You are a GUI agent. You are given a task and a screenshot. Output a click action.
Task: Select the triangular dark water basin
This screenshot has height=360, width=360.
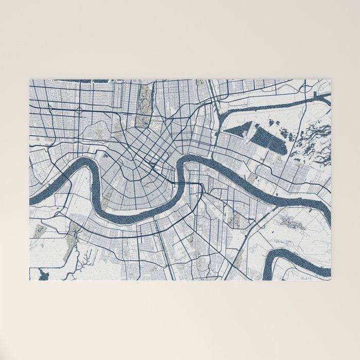click(237, 129)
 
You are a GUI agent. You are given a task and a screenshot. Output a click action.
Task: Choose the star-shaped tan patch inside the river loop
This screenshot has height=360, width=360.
click(291, 223)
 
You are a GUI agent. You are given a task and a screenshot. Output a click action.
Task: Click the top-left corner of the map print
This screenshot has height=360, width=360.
click(30, 80)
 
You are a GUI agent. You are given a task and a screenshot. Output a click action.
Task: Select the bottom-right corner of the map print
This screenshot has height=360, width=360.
click(330, 280)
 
